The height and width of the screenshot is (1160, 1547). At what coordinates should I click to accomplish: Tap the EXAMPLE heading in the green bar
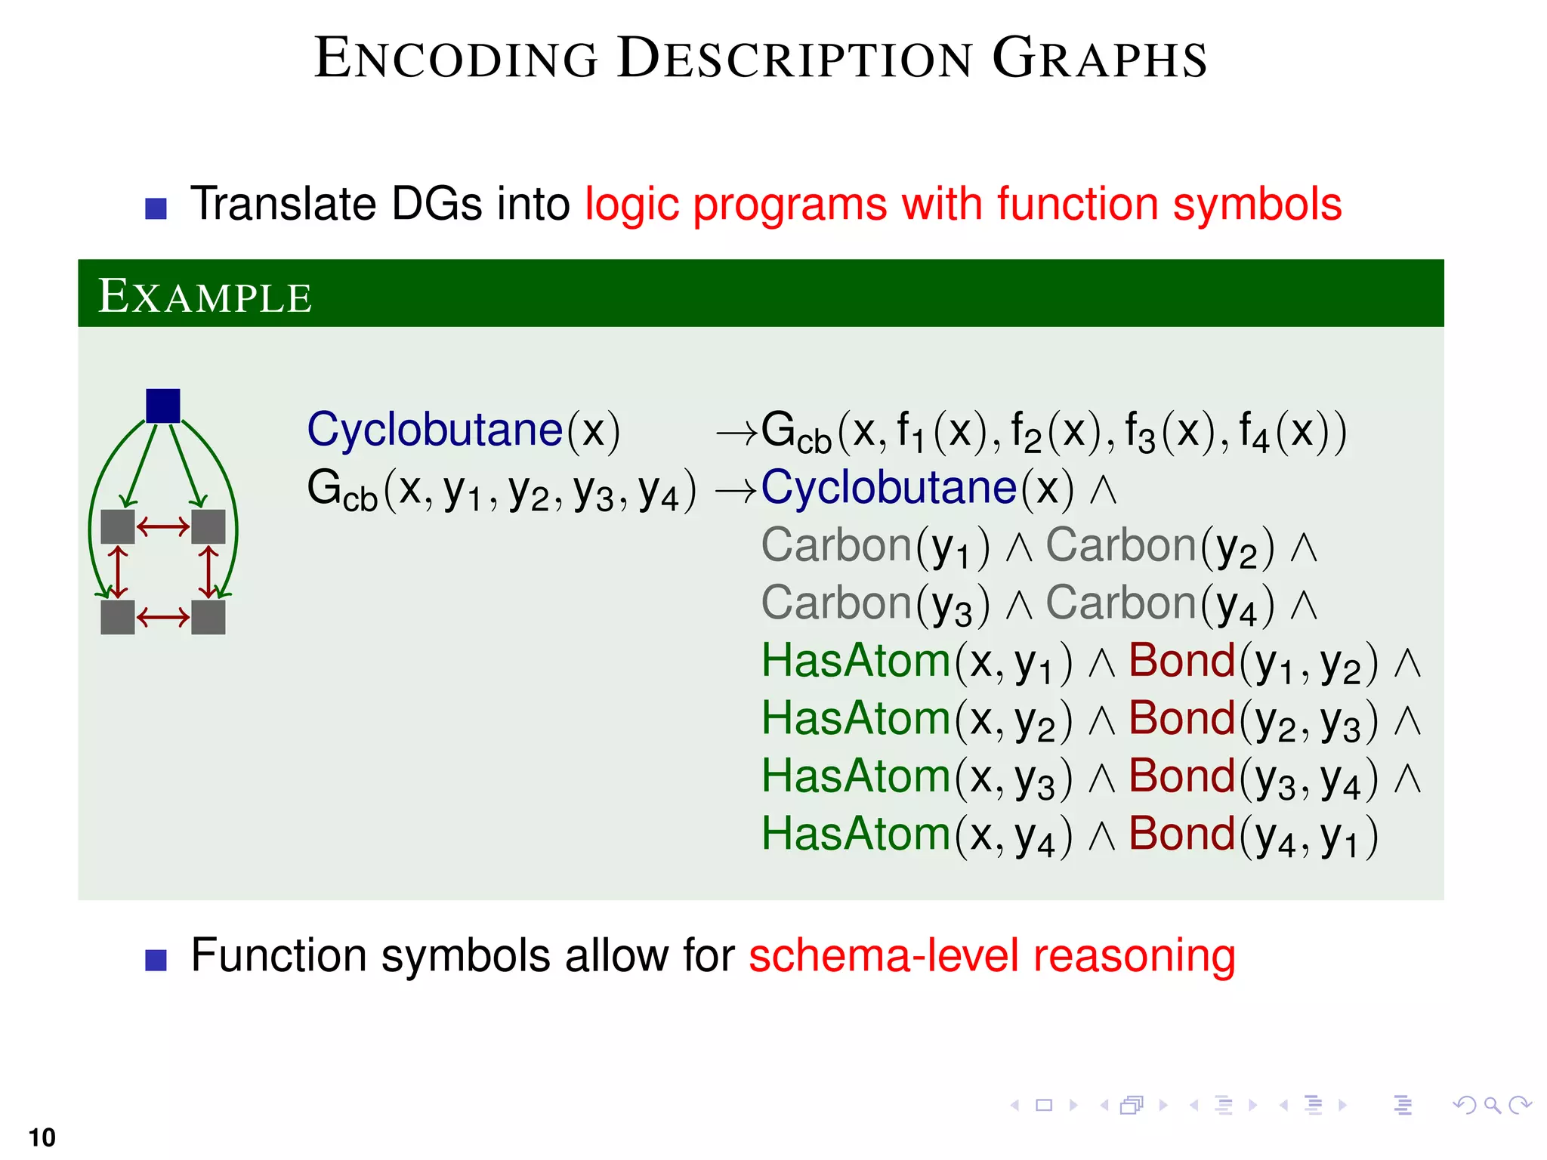205,296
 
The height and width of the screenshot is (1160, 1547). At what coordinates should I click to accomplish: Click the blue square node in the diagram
162,406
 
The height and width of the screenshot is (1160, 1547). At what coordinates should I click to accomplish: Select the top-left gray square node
118,526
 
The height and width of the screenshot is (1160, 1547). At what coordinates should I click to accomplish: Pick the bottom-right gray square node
208,617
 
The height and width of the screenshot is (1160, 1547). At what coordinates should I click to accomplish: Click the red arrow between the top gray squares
163,526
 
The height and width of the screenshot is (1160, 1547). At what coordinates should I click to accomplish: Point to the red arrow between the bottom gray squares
163,618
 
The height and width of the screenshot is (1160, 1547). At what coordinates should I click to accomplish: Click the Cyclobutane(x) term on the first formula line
463,430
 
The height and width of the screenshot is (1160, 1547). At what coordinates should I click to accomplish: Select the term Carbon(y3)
875,605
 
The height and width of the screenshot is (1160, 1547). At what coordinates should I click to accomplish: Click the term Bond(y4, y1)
1253,836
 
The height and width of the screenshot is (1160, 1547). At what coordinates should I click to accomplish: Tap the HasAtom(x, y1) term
916,662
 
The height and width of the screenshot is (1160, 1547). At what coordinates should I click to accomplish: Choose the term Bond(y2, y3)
1253,720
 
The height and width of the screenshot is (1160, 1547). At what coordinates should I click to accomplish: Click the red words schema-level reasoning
991,956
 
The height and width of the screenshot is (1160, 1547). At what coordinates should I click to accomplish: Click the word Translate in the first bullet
283,204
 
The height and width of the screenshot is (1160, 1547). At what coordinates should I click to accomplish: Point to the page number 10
42,1137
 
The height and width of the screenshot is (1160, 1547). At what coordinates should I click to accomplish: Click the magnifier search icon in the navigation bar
1492,1106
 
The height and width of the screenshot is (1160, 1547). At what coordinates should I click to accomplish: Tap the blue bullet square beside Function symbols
156,960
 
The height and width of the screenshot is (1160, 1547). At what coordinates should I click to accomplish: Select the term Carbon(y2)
1159,547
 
